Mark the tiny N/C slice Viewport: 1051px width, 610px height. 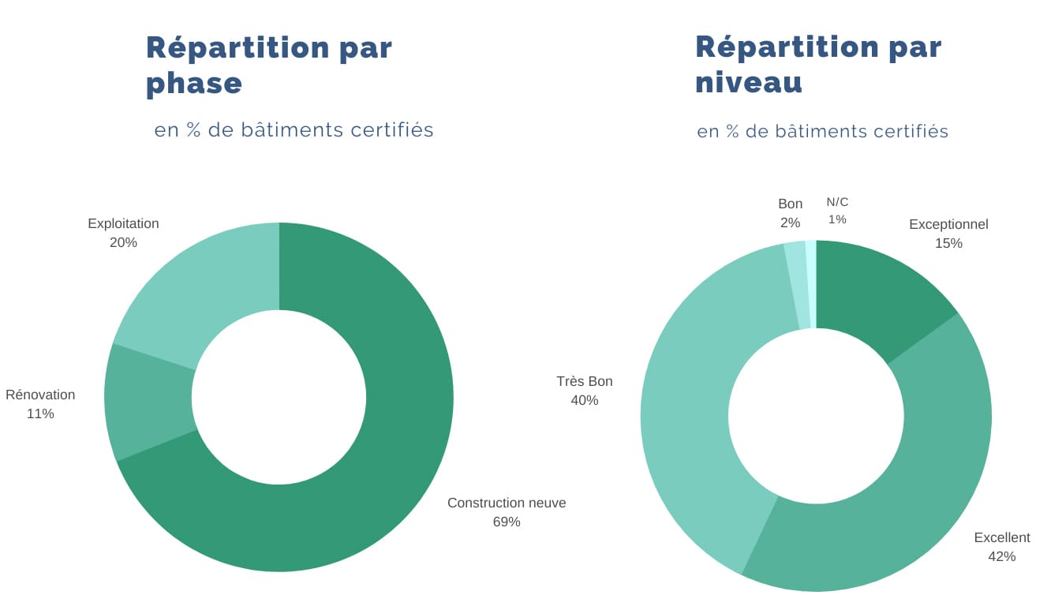[x=811, y=284]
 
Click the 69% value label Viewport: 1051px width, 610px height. [x=507, y=522]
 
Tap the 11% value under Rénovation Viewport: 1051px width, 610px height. [x=40, y=414]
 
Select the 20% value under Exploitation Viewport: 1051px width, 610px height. [x=123, y=242]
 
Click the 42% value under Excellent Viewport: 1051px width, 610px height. [x=1001, y=556]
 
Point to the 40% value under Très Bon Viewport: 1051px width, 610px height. [x=584, y=400]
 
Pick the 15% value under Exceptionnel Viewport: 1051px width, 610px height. [x=948, y=243]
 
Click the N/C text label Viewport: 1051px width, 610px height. [x=837, y=202]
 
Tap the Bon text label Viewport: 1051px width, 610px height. [x=790, y=204]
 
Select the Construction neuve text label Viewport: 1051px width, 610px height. [x=507, y=503]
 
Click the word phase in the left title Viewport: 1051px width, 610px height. [x=194, y=83]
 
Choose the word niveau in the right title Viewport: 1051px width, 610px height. [x=748, y=82]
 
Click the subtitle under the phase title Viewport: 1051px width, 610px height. [x=294, y=129]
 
